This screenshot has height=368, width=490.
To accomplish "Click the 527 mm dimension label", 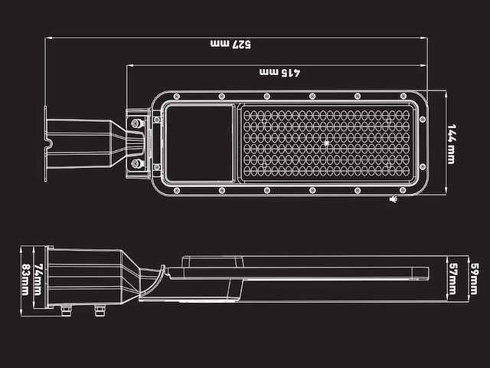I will (230, 44).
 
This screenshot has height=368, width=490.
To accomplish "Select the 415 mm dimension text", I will (279, 72).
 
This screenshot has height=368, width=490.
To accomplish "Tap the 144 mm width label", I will (452, 143).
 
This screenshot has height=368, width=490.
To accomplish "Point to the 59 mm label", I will (475, 279).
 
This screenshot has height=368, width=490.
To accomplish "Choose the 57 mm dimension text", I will (452, 279).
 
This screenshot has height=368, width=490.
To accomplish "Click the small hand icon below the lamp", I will (394, 199).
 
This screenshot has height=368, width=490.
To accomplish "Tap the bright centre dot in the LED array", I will (326, 143).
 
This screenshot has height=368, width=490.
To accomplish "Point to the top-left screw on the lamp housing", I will (176, 97).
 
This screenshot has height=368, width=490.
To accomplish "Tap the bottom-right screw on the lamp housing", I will (403, 190).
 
